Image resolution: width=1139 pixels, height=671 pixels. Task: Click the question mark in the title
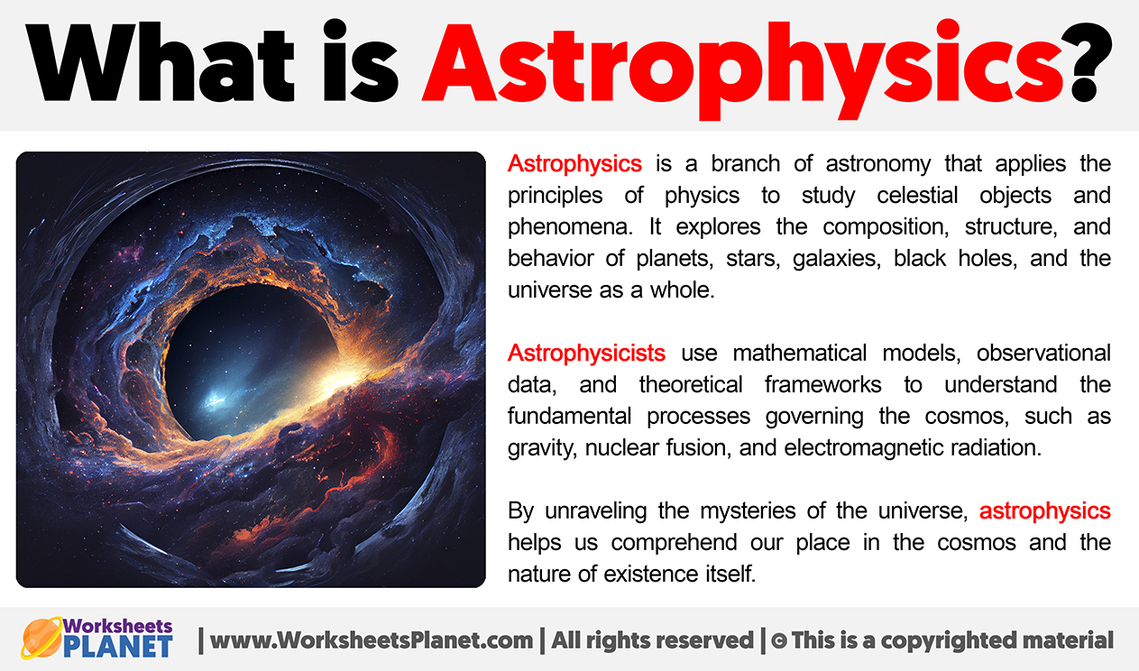coord(1089,62)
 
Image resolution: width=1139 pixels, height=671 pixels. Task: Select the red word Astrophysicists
coord(586,353)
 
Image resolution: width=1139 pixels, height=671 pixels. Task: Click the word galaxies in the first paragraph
coord(837,259)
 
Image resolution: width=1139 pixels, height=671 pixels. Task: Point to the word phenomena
coord(570,227)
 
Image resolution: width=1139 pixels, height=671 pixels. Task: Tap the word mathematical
coord(799,353)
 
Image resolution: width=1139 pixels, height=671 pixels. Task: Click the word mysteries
coord(748,510)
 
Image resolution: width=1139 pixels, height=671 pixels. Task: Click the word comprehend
coord(675,543)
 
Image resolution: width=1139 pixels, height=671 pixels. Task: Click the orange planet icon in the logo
coord(42,638)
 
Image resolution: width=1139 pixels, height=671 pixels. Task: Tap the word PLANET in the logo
coord(118,647)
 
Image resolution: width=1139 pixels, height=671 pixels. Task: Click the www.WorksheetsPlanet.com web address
coord(372,640)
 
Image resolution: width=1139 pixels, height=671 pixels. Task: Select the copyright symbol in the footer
coord(778,640)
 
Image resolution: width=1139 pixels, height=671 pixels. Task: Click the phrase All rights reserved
coord(652,640)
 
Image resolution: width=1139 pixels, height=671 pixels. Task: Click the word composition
coord(886,227)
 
